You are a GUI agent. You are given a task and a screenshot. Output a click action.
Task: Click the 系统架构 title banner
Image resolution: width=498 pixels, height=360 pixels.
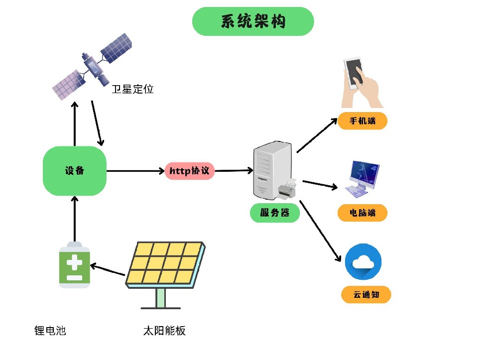tap(253, 21)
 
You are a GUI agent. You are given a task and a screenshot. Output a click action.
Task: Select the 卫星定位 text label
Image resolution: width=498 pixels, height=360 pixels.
tap(132, 90)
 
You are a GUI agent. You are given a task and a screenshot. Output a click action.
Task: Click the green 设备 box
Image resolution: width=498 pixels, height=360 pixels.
tap(75, 171)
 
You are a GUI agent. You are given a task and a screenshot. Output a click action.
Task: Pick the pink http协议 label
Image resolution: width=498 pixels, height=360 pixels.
tap(190, 171)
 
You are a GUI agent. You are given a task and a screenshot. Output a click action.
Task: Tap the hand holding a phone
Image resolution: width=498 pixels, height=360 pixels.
tap(362, 83)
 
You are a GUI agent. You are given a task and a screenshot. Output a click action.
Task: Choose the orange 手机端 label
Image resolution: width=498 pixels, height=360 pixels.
tap(363, 121)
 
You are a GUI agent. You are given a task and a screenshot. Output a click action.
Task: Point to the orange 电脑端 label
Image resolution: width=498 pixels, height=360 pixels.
tap(362, 213)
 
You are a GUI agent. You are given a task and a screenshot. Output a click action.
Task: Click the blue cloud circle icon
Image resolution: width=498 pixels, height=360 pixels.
tap(363, 262)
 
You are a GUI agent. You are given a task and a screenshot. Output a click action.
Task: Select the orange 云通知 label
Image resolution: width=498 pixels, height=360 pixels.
tap(366, 295)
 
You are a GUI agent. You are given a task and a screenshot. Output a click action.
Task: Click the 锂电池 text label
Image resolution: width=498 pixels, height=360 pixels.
tap(50, 330)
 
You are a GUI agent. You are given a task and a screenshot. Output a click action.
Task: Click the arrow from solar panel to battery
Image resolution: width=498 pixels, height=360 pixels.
tap(108, 269)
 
